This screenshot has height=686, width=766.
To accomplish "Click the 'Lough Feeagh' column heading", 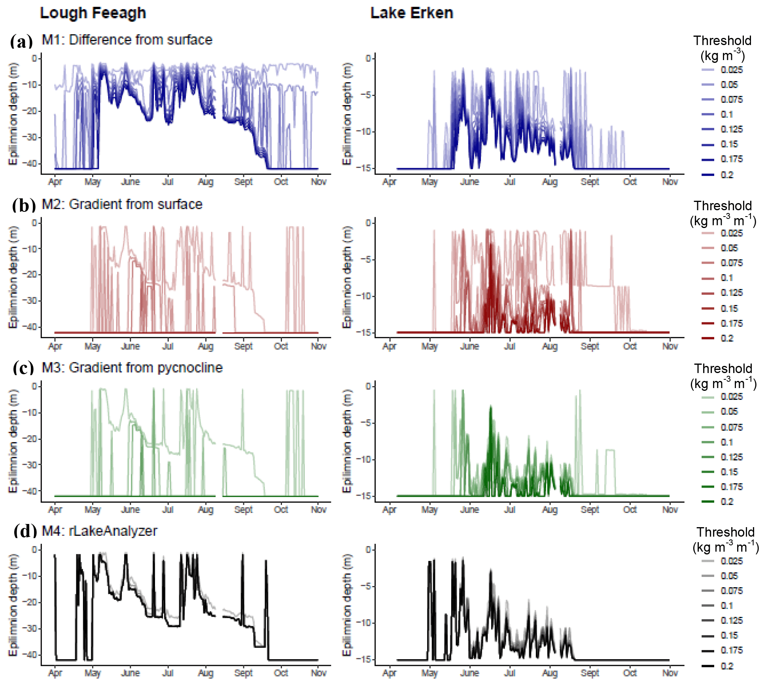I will (x=93, y=13).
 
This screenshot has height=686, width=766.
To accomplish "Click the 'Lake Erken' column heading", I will (x=411, y=13).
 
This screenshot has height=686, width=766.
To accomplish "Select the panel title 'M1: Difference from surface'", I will (x=127, y=40).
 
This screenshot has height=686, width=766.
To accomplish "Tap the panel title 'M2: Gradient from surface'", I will (x=122, y=204).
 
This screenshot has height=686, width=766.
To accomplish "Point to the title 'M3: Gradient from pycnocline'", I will (x=132, y=367).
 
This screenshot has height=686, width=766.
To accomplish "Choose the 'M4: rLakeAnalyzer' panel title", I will (x=99, y=531).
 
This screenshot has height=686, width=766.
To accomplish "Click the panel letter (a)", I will (x=21, y=41).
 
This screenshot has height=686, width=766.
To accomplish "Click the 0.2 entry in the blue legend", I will (x=726, y=175).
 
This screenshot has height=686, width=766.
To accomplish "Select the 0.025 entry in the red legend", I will (x=731, y=233).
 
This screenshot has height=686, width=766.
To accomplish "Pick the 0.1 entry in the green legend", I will (x=726, y=442).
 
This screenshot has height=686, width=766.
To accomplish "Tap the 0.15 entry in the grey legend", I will (x=729, y=635).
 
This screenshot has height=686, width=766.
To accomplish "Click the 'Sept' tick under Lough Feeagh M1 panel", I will (x=243, y=182).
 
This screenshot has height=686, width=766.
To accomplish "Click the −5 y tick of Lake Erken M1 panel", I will (x=367, y=95).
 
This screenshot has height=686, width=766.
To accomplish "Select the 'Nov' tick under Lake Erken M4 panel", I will (x=670, y=673).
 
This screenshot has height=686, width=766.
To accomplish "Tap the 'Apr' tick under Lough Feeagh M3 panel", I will (x=55, y=510).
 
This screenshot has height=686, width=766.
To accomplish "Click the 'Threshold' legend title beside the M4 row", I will (x=725, y=532).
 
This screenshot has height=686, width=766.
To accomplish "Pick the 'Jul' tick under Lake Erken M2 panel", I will (x=509, y=347).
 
